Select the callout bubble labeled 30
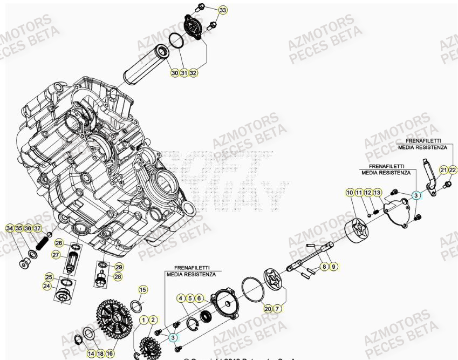pos(174,72)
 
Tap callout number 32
pos(193,72)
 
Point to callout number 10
pos(350,193)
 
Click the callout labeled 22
pos(453,170)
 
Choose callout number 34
pos(9,229)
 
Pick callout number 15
pos(142,290)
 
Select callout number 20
pos(268,309)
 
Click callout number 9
pos(334,266)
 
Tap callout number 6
pos(199,298)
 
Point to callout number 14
pos(91,353)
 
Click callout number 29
pos(119,267)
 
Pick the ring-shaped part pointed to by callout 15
pos(137,307)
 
